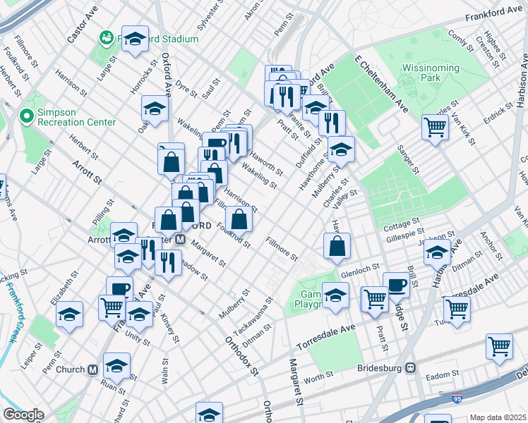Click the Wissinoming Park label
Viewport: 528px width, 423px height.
pyautogui.click(x=430, y=73)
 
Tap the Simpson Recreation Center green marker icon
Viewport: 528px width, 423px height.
pyautogui.click(x=28, y=116)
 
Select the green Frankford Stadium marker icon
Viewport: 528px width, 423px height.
pyautogui.click(x=107, y=37)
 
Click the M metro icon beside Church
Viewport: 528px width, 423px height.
pyautogui.click(x=92, y=369)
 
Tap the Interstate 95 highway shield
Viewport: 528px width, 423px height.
pyautogui.click(x=457, y=398)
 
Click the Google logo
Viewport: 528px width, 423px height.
pyautogui.click(x=23, y=415)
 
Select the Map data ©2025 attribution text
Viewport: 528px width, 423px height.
pyautogui.click(x=498, y=417)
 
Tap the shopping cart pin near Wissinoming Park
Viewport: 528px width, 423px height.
pyautogui.click(x=436, y=127)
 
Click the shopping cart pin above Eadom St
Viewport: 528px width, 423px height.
pyautogui.click(x=499, y=346)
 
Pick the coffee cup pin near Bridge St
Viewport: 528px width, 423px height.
pyautogui.click(x=397, y=284)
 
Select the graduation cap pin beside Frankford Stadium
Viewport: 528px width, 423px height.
pyautogui.click(x=134, y=39)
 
